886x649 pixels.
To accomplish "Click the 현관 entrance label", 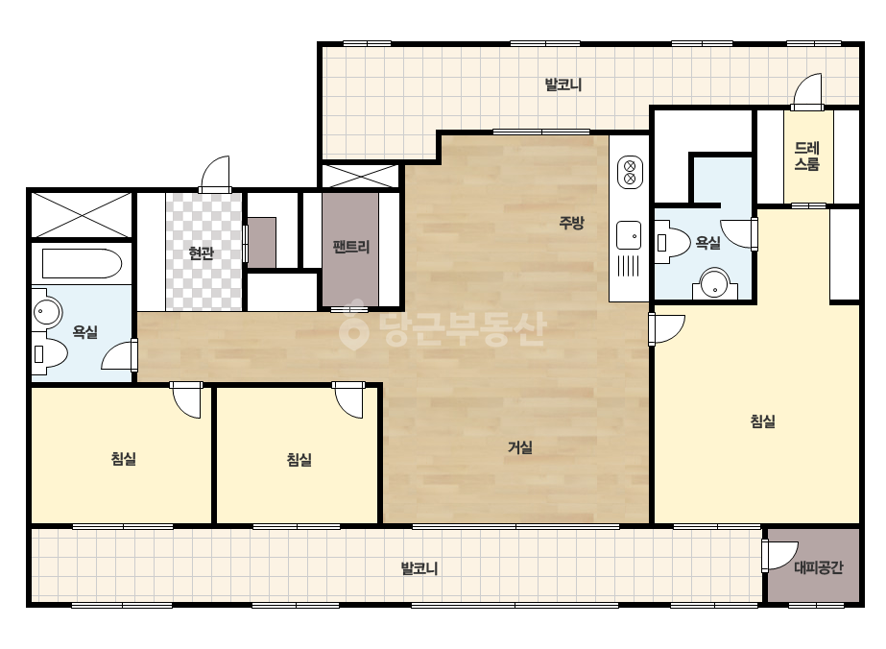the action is click(x=202, y=252).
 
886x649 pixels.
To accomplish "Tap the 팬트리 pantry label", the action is click(x=351, y=247).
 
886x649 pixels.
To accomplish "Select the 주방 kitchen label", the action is click(x=571, y=223).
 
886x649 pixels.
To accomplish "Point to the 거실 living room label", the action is click(x=520, y=447).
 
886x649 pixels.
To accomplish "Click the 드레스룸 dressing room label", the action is click(x=807, y=156).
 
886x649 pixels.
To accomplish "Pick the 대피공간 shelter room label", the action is click(x=818, y=567).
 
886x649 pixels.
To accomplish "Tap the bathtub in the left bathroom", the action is click(x=82, y=264).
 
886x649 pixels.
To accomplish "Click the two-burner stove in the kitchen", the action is click(x=629, y=173).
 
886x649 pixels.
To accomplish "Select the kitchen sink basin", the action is click(x=629, y=235).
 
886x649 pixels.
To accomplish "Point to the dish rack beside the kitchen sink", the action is click(x=628, y=266).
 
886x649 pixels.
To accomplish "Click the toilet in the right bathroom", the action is click(x=674, y=244).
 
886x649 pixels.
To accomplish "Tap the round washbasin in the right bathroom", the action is click(x=715, y=284).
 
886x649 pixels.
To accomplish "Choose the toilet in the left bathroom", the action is click(x=50, y=353).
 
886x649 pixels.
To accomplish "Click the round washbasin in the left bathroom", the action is click(x=46, y=310).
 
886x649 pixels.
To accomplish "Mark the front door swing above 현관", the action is click(x=215, y=174).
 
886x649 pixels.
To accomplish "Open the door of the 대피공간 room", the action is click(x=779, y=555).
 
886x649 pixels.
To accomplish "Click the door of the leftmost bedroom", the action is click(x=186, y=400).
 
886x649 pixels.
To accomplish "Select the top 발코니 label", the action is click(x=563, y=84).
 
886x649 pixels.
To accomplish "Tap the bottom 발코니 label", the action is click(x=419, y=568).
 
